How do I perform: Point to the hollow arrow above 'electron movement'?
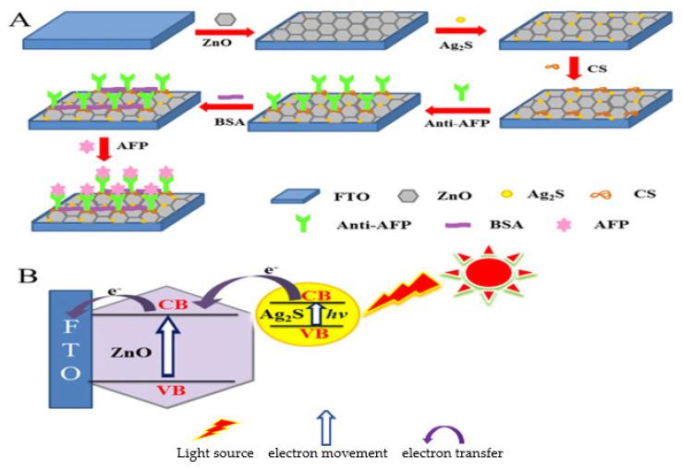(x=324, y=429)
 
